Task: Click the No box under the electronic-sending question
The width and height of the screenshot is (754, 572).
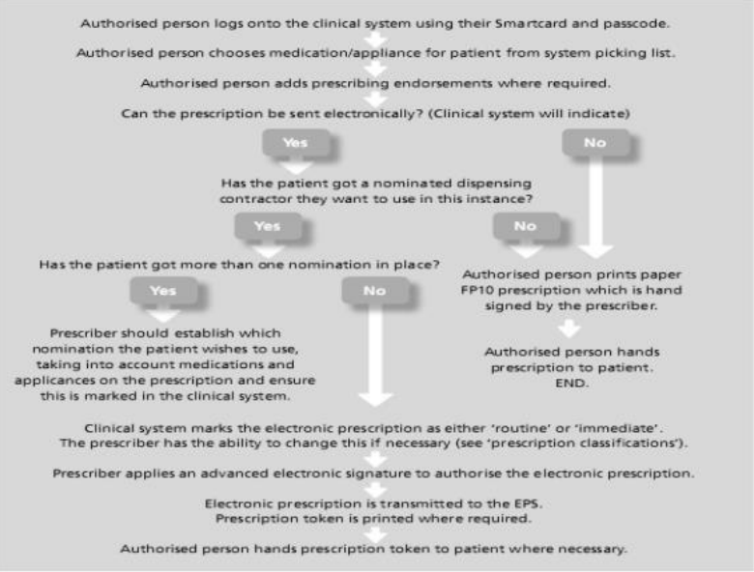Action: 594,141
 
